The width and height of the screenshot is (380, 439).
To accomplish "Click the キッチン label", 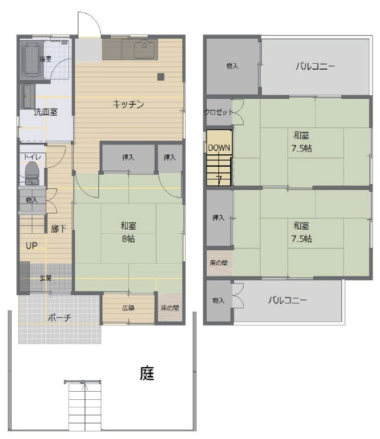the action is (x=128, y=104).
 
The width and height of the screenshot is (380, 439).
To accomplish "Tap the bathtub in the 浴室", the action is (x=32, y=60).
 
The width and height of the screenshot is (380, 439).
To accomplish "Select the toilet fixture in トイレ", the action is (x=32, y=173).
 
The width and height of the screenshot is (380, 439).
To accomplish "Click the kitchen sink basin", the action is (x=144, y=49).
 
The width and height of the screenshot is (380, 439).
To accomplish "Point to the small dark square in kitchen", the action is (x=160, y=77).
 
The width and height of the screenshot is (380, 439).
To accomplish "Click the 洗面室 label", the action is (x=46, y=112).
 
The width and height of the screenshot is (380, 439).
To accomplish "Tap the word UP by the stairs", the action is (x=32, y=246).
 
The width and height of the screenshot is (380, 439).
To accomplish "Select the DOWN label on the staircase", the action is (x=219, y=147).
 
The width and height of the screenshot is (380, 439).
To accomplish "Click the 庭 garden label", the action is (x=147, y=373).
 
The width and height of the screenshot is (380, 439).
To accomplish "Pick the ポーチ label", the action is (x=59, y=317).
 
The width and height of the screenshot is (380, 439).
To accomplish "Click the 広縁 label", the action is (x=128, y=308).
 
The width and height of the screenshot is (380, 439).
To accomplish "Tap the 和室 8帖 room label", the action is (x=128, y=232).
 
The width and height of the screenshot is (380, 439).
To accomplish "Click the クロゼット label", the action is (x=218, y=112).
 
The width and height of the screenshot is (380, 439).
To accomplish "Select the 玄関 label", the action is (x=46, y=278).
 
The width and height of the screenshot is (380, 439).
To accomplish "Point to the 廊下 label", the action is (x=59, y=229).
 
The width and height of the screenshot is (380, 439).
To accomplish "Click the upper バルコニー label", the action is (x=315, y=67).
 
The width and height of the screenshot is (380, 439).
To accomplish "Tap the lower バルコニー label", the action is (x=287, y=300).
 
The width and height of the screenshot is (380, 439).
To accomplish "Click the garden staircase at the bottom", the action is (x=85, y=406).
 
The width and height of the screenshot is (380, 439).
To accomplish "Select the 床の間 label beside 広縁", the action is (x=170, y=308).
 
